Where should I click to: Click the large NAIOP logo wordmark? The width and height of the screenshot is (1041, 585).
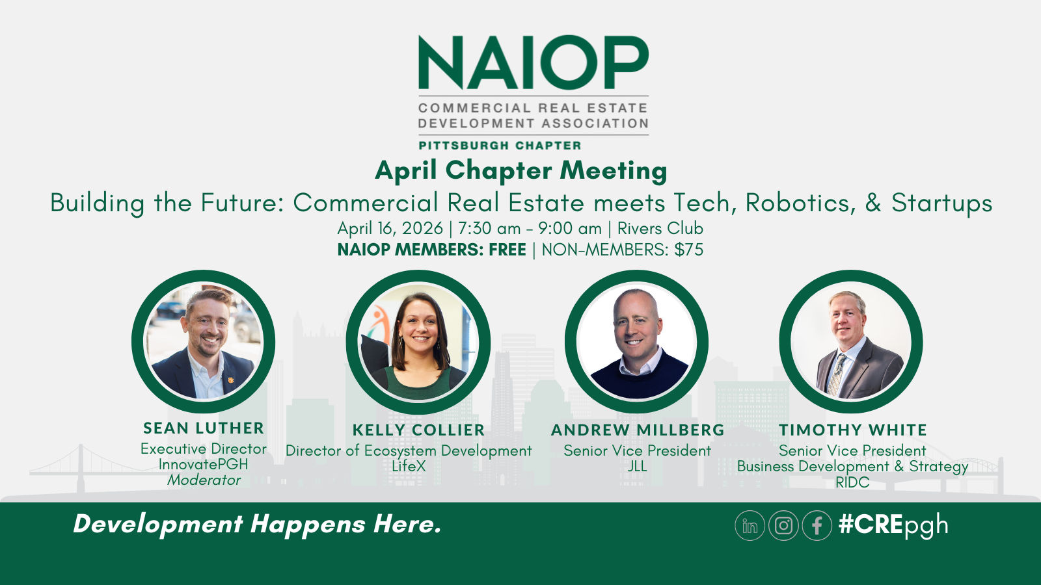(x=534, y=62)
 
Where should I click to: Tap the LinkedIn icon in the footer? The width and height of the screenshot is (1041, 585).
(x=750, y=525)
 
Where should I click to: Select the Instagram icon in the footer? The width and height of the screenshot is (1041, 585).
(x=783, y=525)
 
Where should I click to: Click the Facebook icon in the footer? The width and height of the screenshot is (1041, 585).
(x=817, y=525)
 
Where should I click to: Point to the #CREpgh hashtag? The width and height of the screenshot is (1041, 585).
(x=893, y=525)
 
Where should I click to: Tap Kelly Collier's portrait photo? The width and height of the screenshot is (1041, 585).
(x=418, y=343)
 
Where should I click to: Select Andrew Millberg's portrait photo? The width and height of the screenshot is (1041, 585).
(x=636, y=343)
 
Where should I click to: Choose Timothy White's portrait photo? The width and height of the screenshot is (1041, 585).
(x=851, y=343)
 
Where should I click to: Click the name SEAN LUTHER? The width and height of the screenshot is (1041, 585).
(x=204, y=428)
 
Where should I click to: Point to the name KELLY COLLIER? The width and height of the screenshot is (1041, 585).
(x=418, y=430)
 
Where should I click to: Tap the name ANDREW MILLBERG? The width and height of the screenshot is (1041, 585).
(x=638, y=430)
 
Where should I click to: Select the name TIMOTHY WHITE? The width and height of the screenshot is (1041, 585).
(x=852, y=430)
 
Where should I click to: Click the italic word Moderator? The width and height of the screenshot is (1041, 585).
(x=204, y=480)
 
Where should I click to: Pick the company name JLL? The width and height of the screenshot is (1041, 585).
(x=638, y=466)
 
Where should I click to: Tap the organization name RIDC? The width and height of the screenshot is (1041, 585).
(x=852, y=482)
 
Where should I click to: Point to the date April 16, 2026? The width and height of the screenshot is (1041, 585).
(x=390, y=229)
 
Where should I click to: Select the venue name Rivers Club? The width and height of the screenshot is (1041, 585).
(x=660, y=229)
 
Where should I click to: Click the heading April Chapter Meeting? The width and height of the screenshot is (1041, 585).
(x=521, y=170)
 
